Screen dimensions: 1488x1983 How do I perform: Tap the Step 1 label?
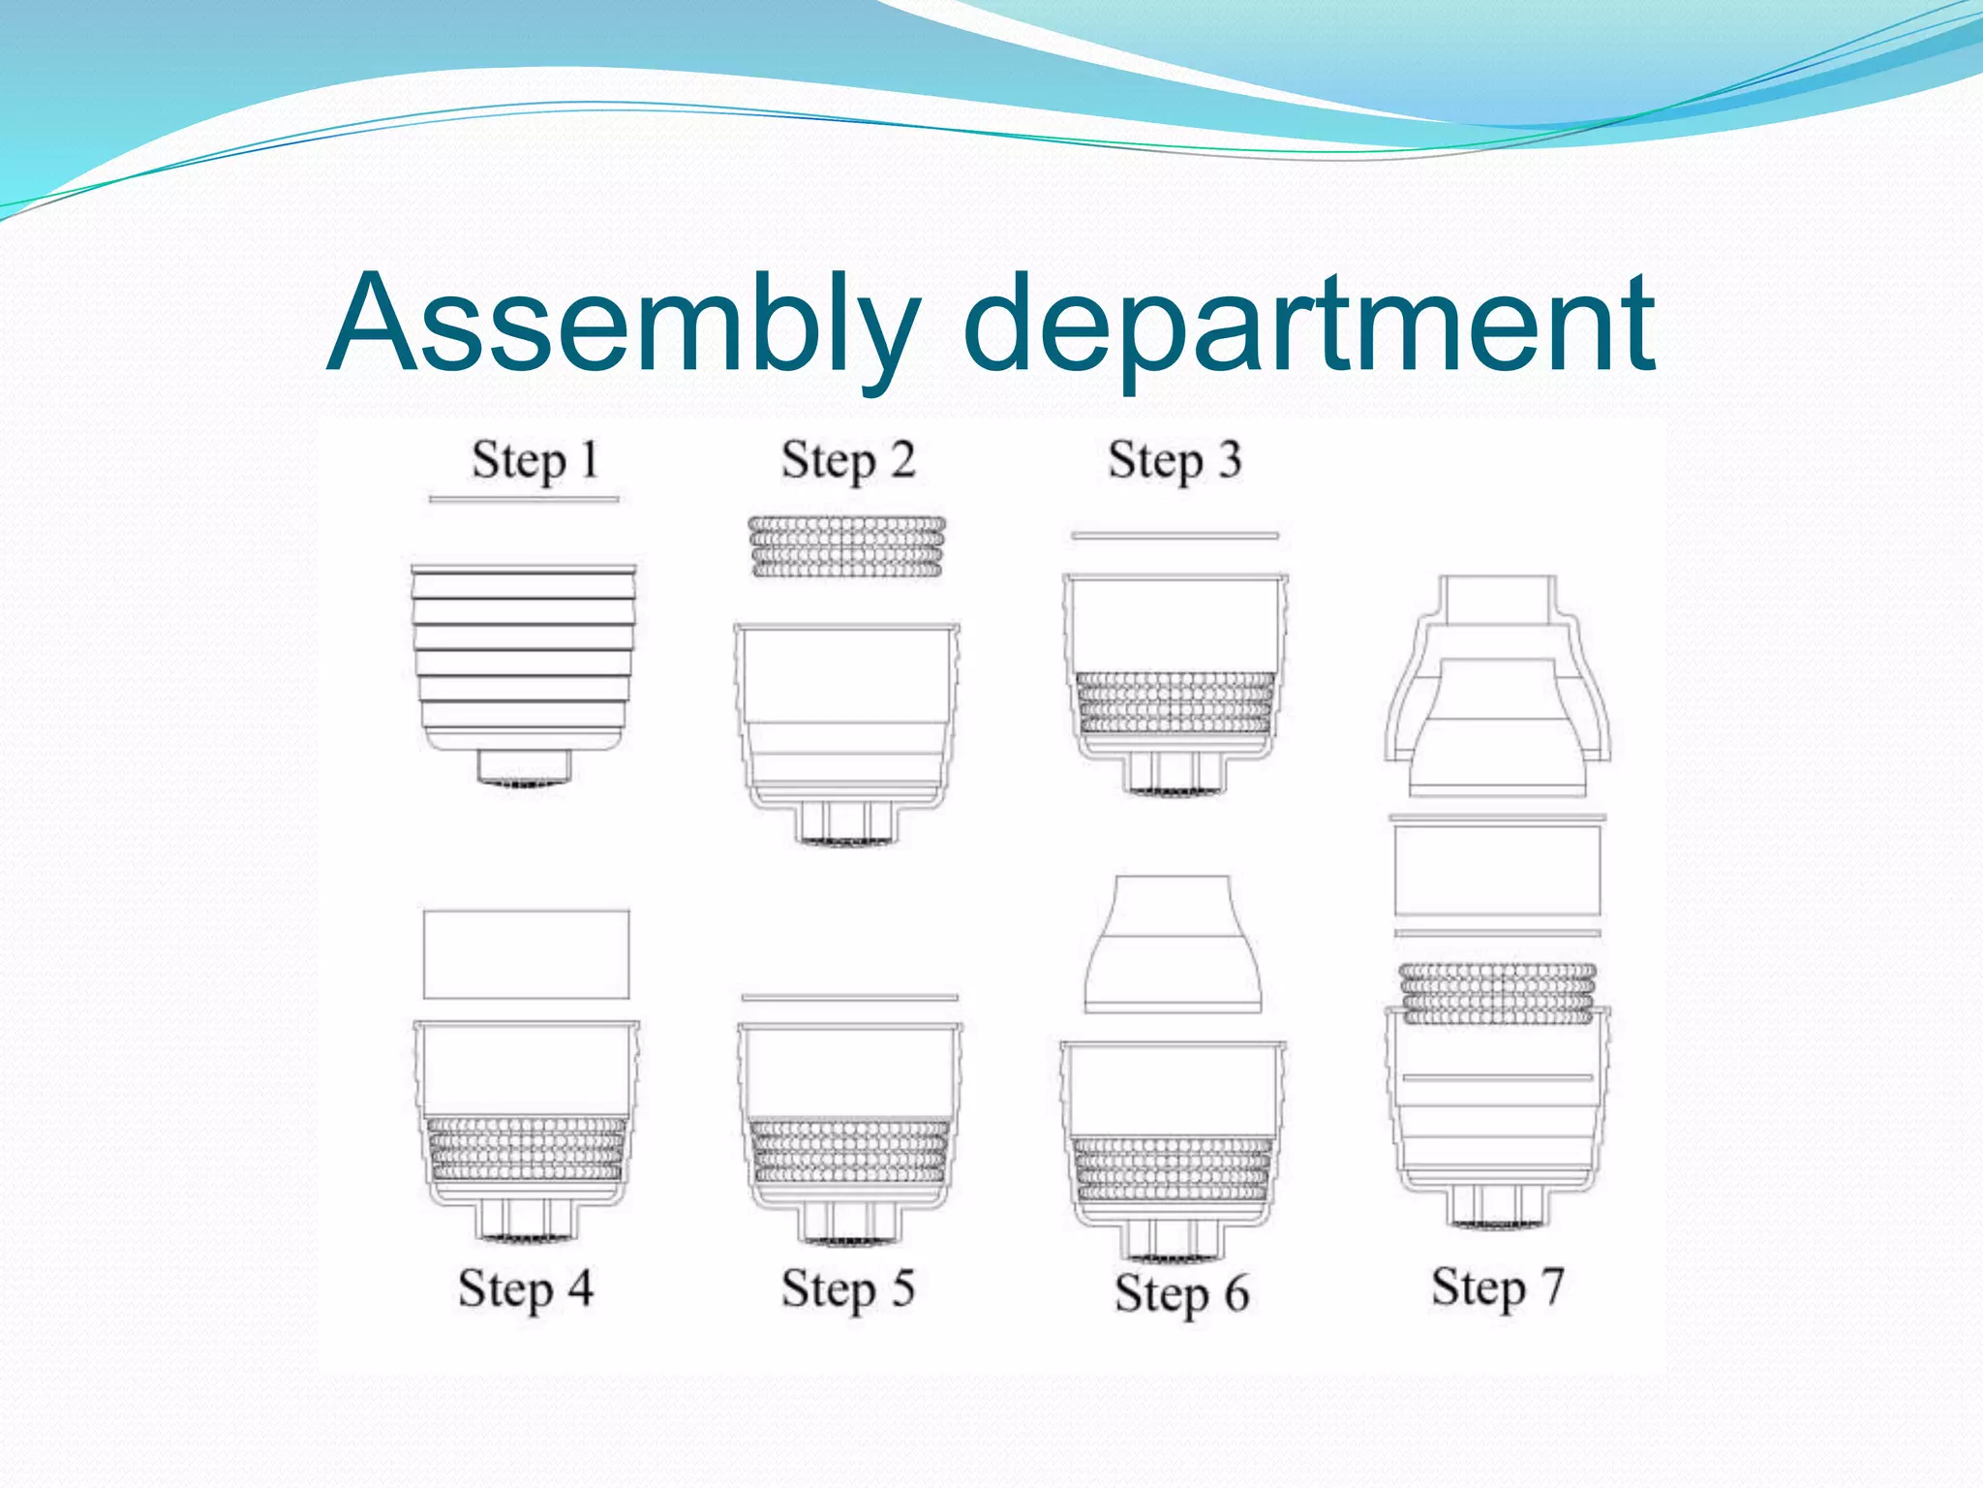pos(534,460)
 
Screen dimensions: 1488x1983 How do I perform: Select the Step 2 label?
pos(847,460)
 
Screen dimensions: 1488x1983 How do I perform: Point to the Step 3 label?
pos(1174,460)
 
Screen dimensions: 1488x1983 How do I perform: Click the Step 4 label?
pos(525,1289)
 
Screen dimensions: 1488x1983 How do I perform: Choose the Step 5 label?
pos(847,1289)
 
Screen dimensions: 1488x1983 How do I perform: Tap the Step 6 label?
pos(1181,1294)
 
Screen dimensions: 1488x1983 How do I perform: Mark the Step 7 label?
pos(1497,1287)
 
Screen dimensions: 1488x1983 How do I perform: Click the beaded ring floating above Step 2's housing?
pos(846,547)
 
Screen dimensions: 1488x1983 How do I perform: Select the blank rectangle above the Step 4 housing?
pos(526,954)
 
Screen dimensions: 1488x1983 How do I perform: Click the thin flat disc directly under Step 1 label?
pos(524,500)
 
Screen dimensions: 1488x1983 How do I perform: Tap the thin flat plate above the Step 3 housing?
pos(1174,535)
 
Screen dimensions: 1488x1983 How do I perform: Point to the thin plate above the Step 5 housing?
pos(849,997)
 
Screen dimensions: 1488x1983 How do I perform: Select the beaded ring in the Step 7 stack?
pos(1497,993)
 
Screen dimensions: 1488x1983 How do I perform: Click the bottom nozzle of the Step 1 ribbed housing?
pos(524,767)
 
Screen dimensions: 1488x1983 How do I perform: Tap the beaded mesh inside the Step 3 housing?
pos(1175,702)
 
